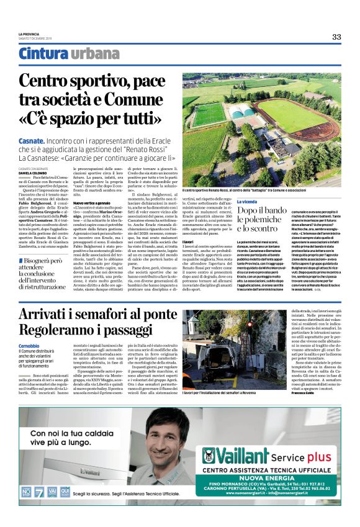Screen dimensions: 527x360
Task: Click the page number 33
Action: [x=336, y=37]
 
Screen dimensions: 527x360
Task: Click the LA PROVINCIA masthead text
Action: [x=29, y=34]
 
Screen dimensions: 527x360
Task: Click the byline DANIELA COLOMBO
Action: [x=34, y=173]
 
